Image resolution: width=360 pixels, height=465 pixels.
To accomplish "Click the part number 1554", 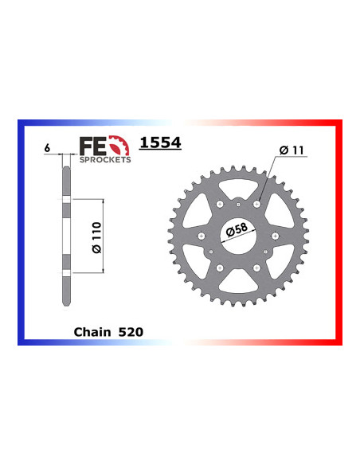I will (x=160, y=143).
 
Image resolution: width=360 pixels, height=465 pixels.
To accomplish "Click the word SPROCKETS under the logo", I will (x=105, y=158).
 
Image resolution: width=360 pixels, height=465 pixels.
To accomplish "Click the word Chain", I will (x=91, y=330).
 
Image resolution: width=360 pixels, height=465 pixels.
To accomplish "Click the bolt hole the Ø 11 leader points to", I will (x=257, y=205).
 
